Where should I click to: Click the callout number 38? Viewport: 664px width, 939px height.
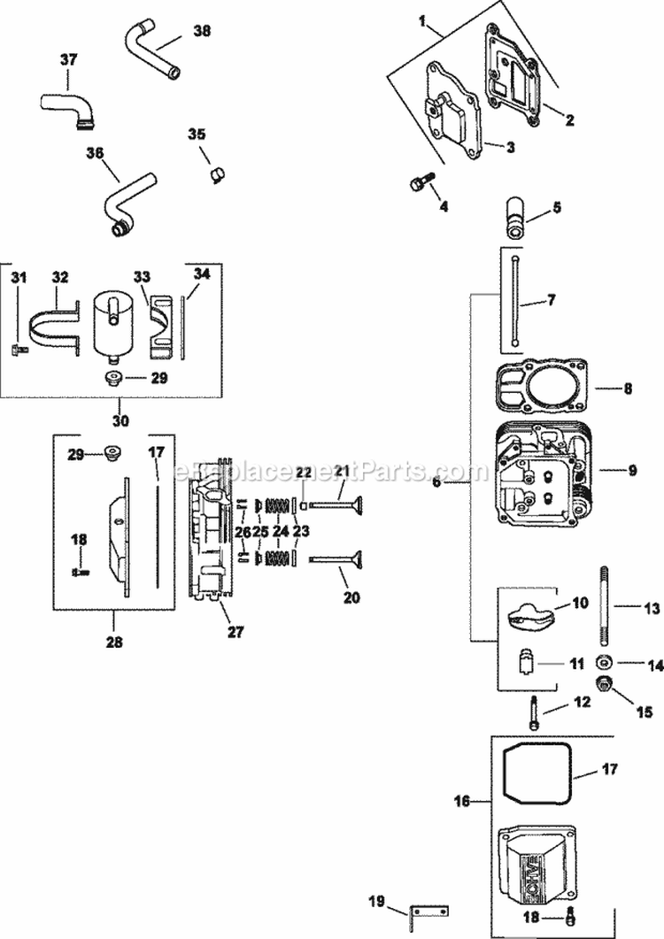[201, 30]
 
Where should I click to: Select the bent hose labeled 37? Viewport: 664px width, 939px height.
[66, 104]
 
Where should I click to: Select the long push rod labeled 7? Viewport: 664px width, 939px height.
[513, 302]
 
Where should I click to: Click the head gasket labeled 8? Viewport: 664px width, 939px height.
[538, 388]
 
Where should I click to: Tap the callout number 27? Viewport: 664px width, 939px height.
[237, 632]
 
